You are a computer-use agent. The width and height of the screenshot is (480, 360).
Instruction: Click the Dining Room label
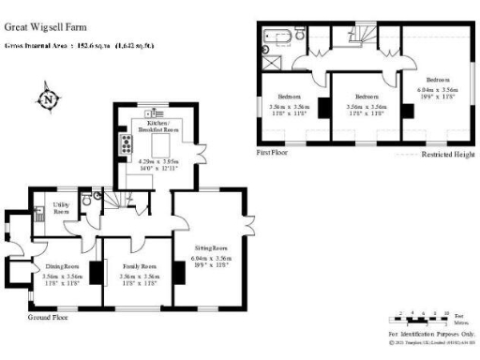(63, 266)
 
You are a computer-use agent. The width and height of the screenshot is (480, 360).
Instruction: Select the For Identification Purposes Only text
(430, 335)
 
